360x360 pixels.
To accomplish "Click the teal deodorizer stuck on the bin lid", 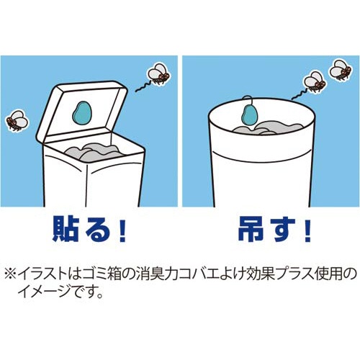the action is [82, 113].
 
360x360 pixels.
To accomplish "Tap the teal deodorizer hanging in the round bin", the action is [248, 114].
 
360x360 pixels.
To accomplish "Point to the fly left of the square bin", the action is [17, 121].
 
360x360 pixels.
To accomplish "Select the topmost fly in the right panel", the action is [341, 69].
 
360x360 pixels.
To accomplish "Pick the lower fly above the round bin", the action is [315, 81].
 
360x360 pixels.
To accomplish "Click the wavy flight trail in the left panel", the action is [143, 87].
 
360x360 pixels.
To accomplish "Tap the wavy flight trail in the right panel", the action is [300, 95].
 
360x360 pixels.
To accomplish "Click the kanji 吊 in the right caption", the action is [249, 229].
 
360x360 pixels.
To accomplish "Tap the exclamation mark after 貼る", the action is [122, 230].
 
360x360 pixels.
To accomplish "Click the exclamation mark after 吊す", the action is [307, 230].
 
